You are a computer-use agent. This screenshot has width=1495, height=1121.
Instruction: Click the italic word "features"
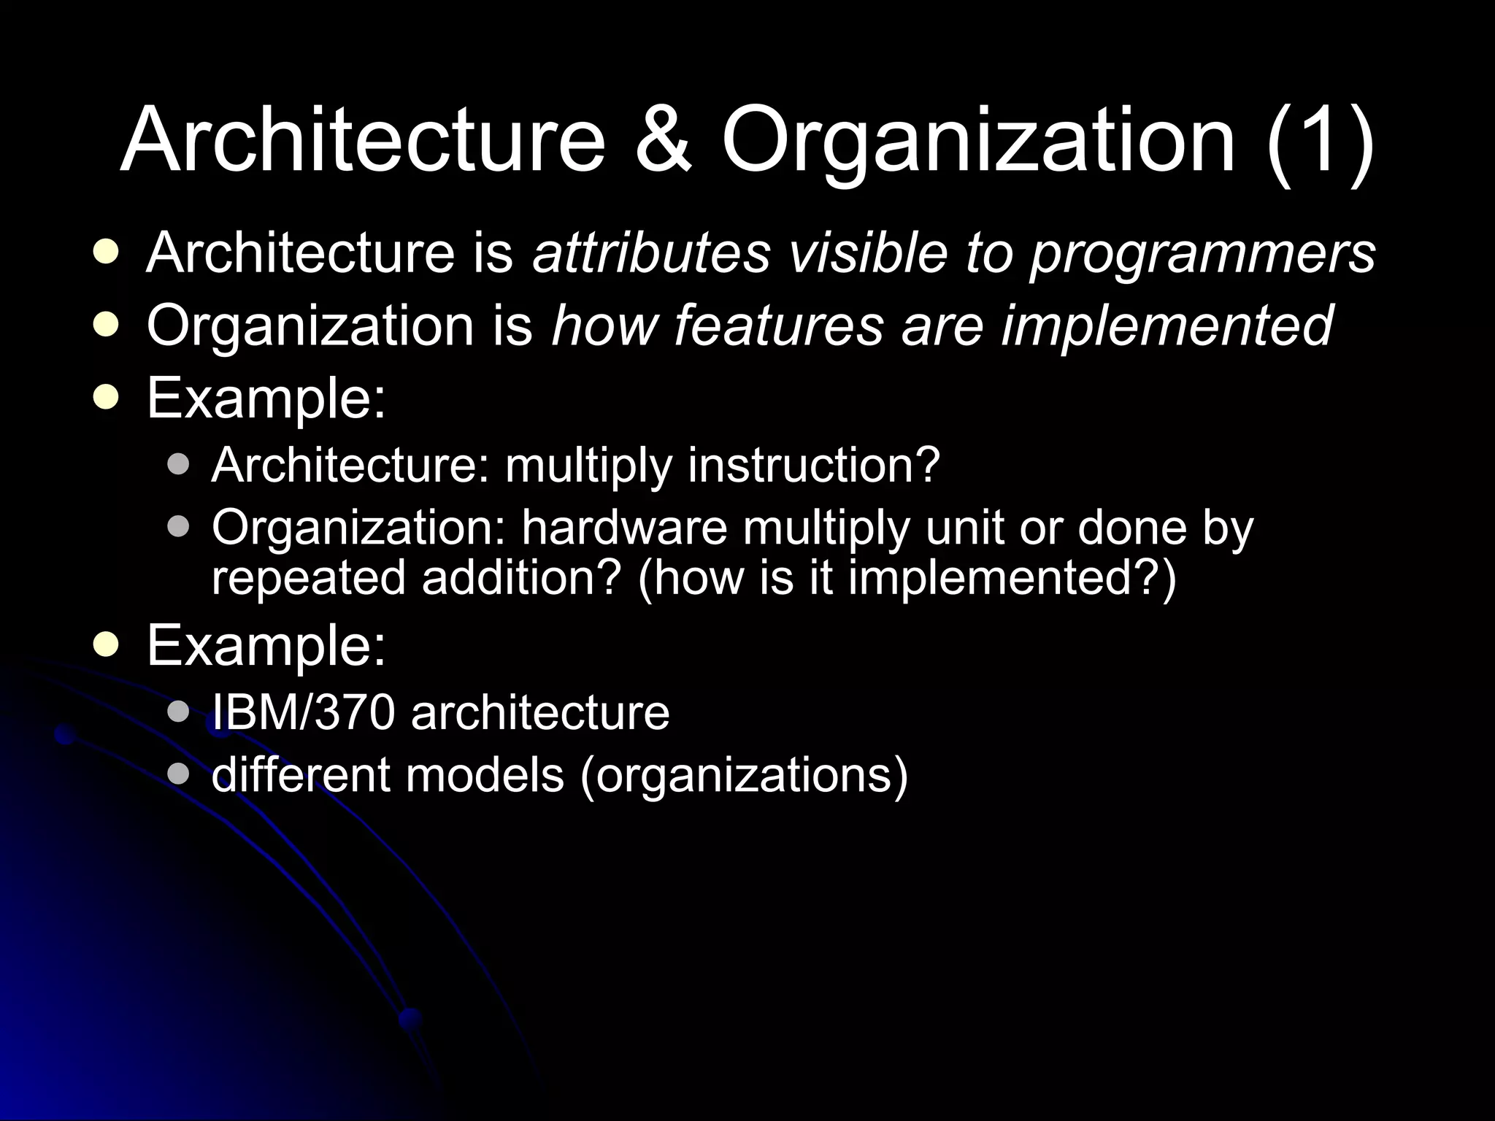[x=778, y=325]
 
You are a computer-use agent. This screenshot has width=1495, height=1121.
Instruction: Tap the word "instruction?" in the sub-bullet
[x=814, y=465]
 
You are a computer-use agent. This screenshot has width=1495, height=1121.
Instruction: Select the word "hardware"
[x=624, y=527]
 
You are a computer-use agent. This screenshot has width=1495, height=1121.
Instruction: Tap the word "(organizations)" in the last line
[x=744, y=776]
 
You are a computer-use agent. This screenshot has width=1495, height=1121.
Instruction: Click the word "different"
[x=301, y=774]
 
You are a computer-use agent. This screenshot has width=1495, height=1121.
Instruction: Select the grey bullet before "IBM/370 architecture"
[x=177, y=712]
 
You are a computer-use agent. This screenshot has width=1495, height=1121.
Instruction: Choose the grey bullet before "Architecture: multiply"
[x=177, y=465]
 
